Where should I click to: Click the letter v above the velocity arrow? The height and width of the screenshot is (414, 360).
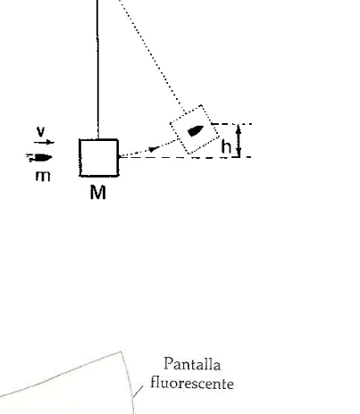click(41, 131)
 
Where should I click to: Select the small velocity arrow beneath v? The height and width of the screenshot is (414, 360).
click(44, 143)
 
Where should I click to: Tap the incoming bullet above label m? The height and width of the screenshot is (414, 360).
click(39, 158)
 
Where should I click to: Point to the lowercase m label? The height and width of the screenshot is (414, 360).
click(43, 176)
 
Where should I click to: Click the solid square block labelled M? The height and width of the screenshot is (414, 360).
click(99, 158)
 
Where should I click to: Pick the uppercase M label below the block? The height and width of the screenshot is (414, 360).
click(98, 192)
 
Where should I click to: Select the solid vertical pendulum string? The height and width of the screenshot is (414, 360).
click(97, 70)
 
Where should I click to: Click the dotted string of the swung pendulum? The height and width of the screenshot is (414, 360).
click(153, 56)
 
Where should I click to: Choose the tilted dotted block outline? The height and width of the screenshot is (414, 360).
click(195, 129)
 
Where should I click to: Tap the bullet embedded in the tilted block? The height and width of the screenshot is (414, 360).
click(196, 130)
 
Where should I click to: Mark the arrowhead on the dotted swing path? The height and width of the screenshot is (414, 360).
click(154, 148)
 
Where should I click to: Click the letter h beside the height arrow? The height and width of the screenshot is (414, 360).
click(226, 146)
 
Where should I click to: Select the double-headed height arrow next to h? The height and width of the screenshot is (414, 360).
click(239, 140)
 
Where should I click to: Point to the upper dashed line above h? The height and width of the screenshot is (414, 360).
click(231, 124)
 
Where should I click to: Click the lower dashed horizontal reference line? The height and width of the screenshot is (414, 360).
click(186, 157)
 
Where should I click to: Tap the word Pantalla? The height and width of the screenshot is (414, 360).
click(192, 364)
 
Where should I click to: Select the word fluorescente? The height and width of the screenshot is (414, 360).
click(192, 383)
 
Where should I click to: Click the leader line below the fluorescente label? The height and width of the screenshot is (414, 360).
click(138, 392)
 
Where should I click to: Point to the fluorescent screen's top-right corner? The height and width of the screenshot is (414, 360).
click(121, 352)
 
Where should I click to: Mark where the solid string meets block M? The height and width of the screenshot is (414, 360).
click(98, 139)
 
